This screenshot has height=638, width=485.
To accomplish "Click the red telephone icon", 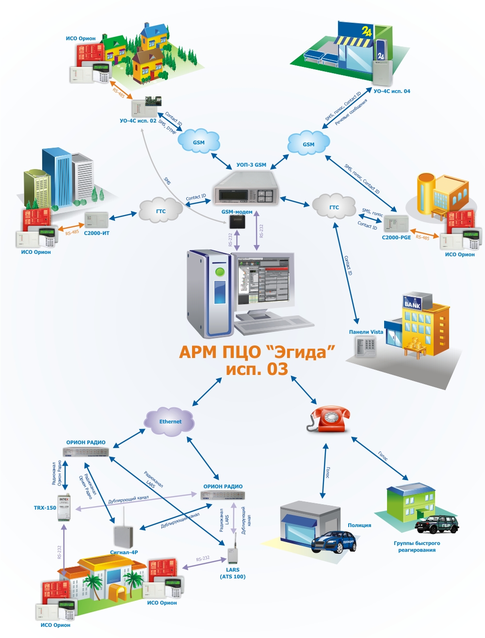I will point(329,419).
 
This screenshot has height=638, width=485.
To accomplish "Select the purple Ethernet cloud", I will point(170,421).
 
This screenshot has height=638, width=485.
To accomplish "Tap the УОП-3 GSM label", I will point(251,165).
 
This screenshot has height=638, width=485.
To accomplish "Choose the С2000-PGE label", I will point(396,237).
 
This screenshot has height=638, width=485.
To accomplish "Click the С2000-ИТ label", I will point(97,233).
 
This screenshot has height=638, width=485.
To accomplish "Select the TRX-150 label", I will point(45,508).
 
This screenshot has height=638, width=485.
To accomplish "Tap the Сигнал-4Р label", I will point(124,552).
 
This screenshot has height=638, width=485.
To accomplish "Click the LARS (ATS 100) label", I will point(233,573).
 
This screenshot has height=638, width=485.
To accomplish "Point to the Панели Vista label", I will point(366,332).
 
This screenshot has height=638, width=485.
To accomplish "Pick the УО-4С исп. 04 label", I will point(391,91).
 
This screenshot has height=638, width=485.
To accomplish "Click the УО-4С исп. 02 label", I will point(138,121).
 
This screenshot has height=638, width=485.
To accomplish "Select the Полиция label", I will point(359,525).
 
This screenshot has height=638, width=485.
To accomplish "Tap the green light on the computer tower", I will point(220,271).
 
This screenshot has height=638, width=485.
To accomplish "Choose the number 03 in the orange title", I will point(277,369).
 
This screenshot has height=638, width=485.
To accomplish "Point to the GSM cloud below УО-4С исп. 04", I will point(308,143).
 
